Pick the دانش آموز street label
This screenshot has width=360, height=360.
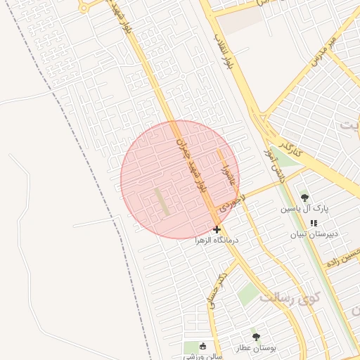(x=271, y=164)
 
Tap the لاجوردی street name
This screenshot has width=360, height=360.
(x=230, y=200)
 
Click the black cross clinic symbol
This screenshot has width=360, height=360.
(x=217, y=229)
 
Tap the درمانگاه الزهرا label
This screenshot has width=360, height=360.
(x=217, y=240)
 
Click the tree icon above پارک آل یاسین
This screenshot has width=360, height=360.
(x=304, y=198)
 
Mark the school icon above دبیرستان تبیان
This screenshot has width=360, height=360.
(x=314, y=223)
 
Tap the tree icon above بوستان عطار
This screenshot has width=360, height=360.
(x=256, y=337)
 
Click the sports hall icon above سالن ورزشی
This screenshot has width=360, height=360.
(x=203, y=346)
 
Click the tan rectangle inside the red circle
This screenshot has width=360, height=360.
(x=162, y=202)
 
